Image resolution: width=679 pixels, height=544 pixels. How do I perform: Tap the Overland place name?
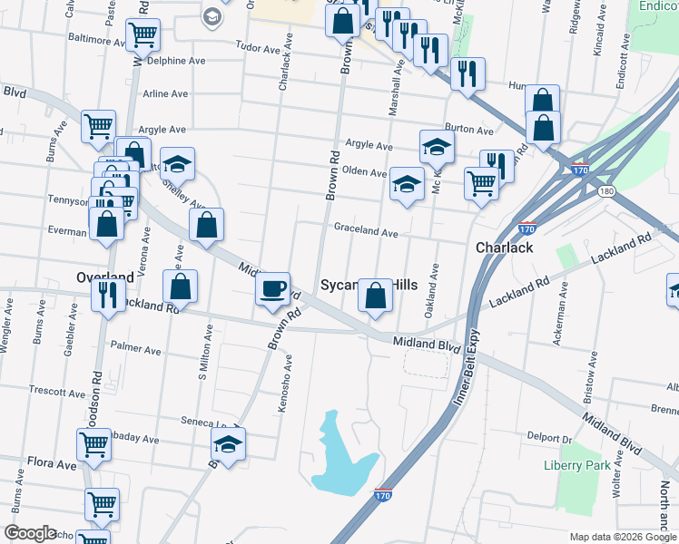pos(104,276)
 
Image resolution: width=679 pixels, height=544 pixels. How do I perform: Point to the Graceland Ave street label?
pos(366,231)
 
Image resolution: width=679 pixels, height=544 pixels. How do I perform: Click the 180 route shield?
pos(606,191)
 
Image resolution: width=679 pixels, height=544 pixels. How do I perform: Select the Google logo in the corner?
pos(30,533)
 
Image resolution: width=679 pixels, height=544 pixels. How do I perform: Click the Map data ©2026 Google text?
pos(624,537)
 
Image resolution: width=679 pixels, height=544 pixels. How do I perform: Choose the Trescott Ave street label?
pos(56,393)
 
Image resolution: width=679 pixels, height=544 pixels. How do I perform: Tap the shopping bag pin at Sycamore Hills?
pos(375,296)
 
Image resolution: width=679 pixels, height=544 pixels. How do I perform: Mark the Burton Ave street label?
pos(468,130)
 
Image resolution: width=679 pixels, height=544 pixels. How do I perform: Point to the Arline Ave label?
pos(164,93)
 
